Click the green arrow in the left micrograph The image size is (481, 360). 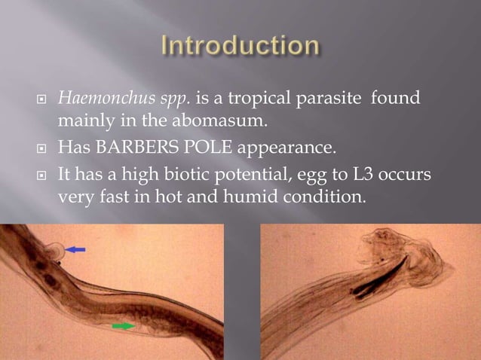(124, 325)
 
